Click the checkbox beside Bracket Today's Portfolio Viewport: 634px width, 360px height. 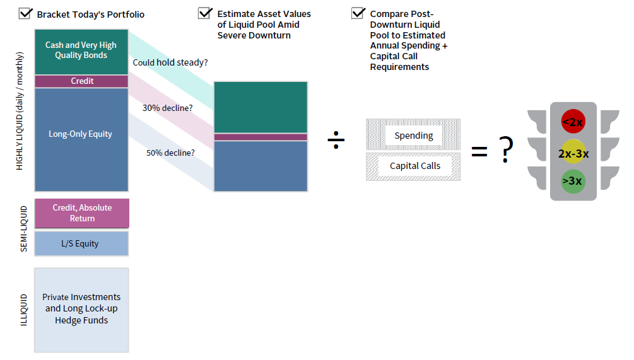pyautogui.click(x=26, y=13)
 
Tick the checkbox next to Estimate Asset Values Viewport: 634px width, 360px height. pyautogui.click(x=205, y=13)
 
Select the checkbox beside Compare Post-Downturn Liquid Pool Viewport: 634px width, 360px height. pyautogui.click(x=358, y=13)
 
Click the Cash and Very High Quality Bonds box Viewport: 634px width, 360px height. pyautogui.click(x=81, y=50)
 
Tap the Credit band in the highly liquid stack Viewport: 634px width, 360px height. pyautogui.click(x=81, y=81)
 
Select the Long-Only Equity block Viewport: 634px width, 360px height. pyautogui.click(x=81, y=134)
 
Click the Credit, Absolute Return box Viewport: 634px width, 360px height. pyautogui.click(x=81, y=213)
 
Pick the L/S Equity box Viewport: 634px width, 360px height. pyautogui.click(x=81, y=243)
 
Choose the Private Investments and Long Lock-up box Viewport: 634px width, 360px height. pyautogui.click(x=81, y=309)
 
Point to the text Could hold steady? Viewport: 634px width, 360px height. pyautogui.click(x=170, y=63)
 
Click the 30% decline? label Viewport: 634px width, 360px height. pyautogui.click(x=167, y=108)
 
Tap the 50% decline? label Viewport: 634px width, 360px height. pyautogui.click(x=168, y=153)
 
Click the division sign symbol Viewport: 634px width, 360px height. pyautogui.click(x=336, y=141)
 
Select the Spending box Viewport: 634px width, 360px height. pyautogui.click(x=413, y=136)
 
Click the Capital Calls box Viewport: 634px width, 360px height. pyautogui.click(x=413, y=166)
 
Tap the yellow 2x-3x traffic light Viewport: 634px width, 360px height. pyautogui.click(x=573, y=153)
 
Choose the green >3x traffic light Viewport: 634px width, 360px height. pyautogui.click(x=573, y=182)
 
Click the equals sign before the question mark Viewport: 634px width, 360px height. pyautogui.click(x=479, y=151)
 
